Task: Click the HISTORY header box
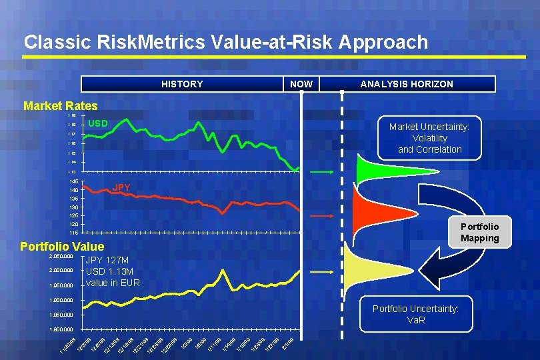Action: [x=181, y=84]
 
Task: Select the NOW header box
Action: [x=301, y=84]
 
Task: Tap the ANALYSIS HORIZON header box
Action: [x=406, y=84]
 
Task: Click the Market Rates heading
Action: [x=60, y=106]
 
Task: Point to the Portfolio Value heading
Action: [x=62, y=247]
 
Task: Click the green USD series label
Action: [x=98, y=123]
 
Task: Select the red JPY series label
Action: [x=121, y=188]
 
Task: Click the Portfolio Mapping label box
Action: [x=479, y=232]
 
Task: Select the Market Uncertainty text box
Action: [x=429, y=138]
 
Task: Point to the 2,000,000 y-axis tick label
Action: [x=61, y=271]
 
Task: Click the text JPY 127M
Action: [x=107, y=261]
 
